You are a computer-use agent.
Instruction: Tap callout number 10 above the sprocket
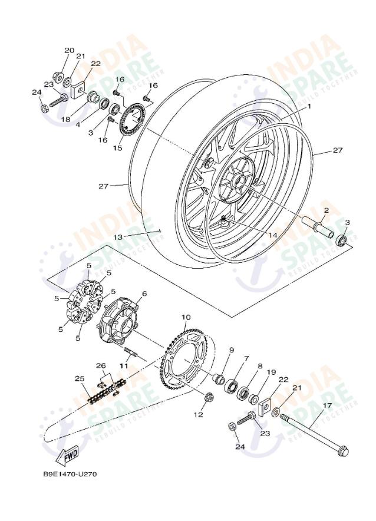[186, 318]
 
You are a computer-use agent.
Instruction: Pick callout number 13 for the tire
[118, 236]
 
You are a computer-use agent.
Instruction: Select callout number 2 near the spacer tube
[326, 210]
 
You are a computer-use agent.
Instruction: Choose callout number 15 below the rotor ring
[118, 148]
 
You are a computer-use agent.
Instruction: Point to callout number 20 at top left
[70, 51]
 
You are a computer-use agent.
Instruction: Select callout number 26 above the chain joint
[101, 365]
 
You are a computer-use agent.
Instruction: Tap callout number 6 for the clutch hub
[144, 294]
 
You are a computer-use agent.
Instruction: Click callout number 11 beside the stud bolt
[124, 366]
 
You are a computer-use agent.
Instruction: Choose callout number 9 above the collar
[232, 350]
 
